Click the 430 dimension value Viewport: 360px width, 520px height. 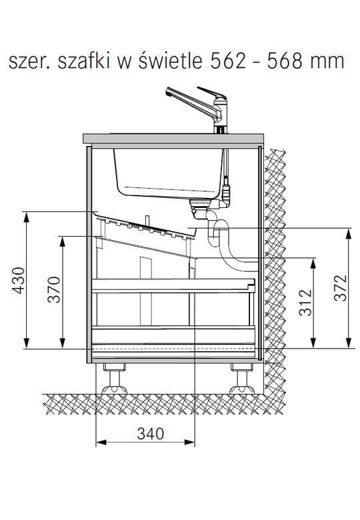pyautogui.click(x=19, y=280)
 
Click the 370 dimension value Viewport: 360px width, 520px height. pyautogui.click(x=54, y=289)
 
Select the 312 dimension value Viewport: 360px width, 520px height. pyautogui.click(x=305, y=302)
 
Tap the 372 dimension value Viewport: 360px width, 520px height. pyautogui.click(x=341, y=288)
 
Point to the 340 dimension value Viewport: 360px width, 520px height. pyautogui.click(x=151, y=434)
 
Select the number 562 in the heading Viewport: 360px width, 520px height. pyautogui.click(x=229, y=61)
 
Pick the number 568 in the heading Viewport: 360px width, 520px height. pyautogui.click(x=285, y=61)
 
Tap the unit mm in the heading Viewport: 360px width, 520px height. pyautogui.click(x=327, y=64)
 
